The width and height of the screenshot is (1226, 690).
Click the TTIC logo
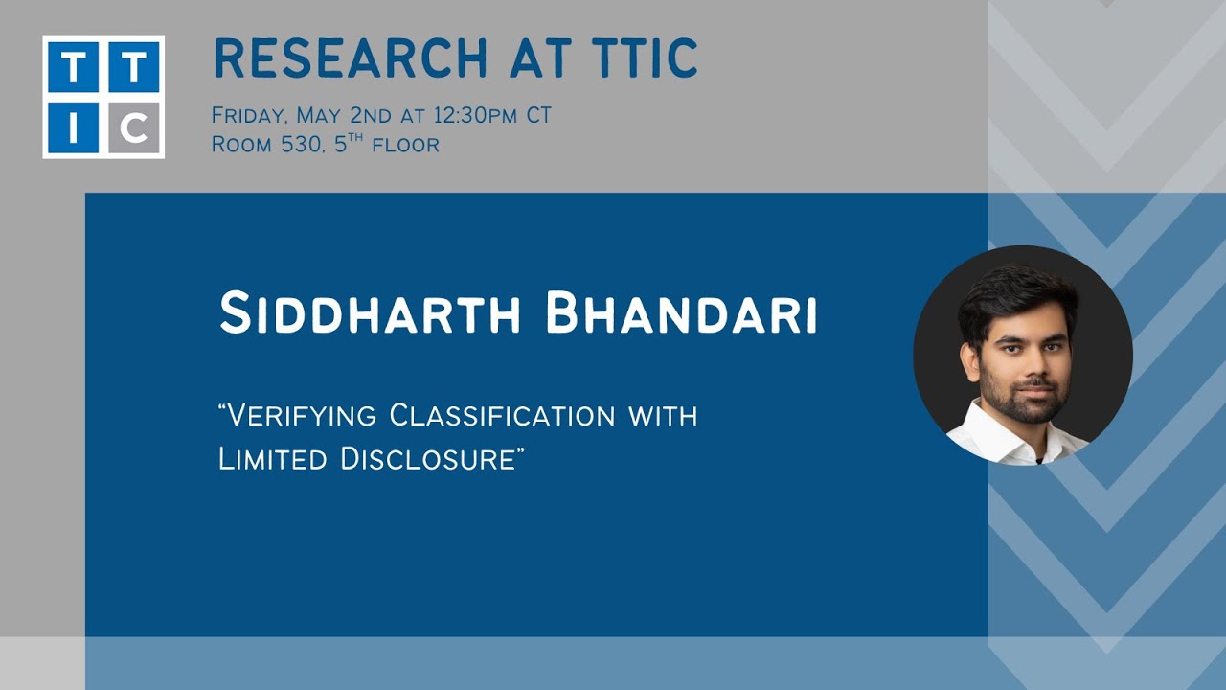103,97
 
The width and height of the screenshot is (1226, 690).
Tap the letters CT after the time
538,116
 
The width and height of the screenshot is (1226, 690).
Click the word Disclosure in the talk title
431,459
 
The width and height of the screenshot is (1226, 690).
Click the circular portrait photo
1023,356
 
